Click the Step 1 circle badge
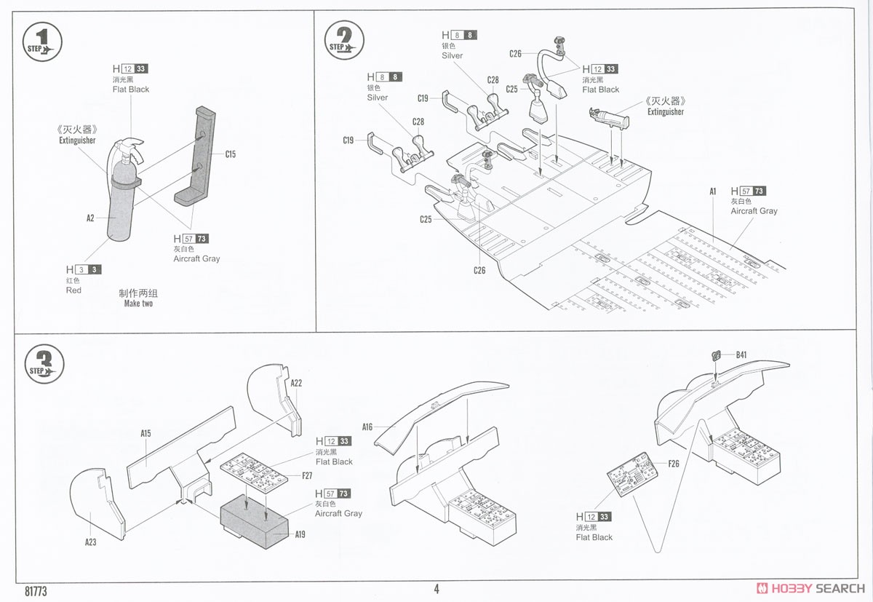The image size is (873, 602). pos(42,41)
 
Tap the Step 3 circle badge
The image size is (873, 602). pos(44,363)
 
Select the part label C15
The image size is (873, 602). pos(231,154)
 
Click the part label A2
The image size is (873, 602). pos(90,218)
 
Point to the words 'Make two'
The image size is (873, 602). pos(138,304)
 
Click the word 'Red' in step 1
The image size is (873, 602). pos(73,290)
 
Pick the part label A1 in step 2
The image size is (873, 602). pos(713,191)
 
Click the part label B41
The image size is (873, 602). pos(741,355)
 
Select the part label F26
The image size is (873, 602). pos(674,464)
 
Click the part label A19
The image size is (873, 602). pos(300,534)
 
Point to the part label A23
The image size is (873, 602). pos(90,542)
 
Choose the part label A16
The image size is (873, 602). pos(367,427)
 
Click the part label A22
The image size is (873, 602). pos(296,383)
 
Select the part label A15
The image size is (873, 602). pos(145,434)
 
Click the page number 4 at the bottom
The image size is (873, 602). pos(436,590)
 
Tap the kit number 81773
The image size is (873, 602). pos(35,592)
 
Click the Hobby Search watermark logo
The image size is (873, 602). pos(810,588)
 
